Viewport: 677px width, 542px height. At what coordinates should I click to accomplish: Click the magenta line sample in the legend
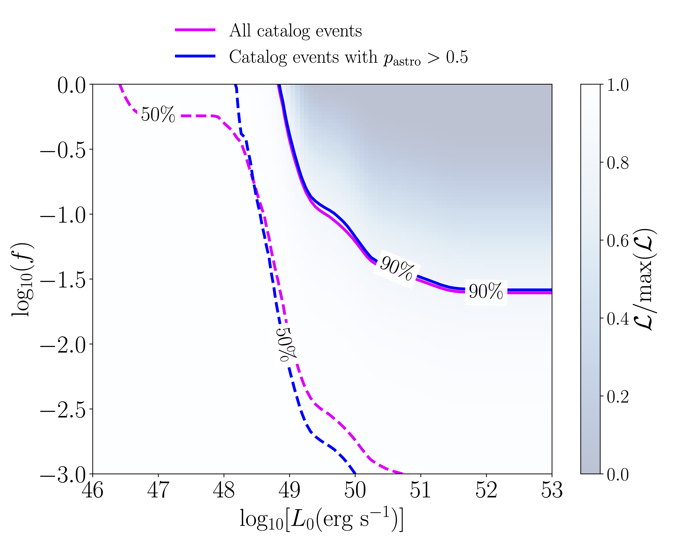tap(195, 30)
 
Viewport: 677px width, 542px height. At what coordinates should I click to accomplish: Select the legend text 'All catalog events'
tap(295, 31)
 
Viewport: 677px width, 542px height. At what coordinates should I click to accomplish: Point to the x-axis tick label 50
tap(355, 490)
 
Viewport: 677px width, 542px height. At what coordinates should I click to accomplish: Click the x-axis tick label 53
tap(552, 490)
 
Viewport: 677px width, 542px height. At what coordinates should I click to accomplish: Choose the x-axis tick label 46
tap(93, 490)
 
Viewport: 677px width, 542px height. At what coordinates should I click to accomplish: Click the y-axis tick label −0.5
tap(63, 150)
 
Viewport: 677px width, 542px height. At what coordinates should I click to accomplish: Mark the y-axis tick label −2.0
tap(63, 345)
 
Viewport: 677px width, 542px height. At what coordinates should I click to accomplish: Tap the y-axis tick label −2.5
tap(63, 410)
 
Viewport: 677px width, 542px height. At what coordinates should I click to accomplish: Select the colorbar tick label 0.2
tap(618, 396)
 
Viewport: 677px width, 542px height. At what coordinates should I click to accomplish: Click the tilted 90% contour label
tap(397, 268)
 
